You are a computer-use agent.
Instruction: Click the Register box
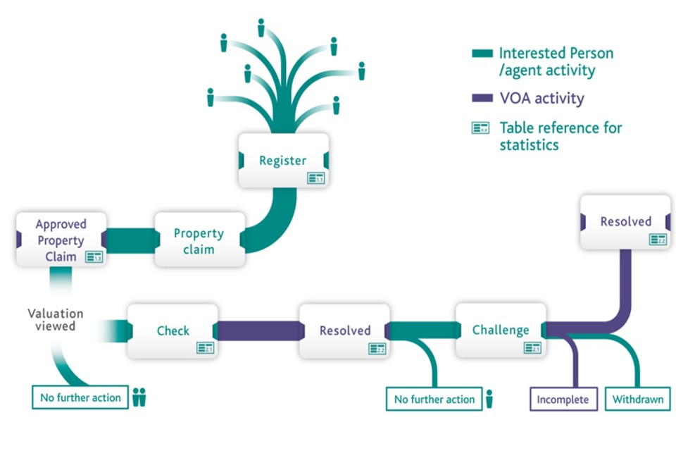click(x=282, y=161)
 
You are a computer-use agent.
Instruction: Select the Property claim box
click(x=199, y=240)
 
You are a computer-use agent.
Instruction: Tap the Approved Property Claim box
click(x=61, y=240)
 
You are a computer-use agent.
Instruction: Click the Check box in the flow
click(x=173, y=330)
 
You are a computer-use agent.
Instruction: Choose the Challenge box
click(x=501, y=330)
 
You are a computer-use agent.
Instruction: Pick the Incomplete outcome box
click(x=563, y=399)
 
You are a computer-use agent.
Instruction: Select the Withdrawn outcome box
click(x=637, y=399)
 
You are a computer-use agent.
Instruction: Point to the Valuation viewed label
click(x=56, y=319)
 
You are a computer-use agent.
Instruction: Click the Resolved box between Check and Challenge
click(x=344, y=330)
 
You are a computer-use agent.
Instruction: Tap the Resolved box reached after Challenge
click(x=625, y=222)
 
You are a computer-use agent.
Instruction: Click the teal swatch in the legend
click(x=482, y=54)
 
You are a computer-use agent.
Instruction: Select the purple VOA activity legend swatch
click(x=482, y=98)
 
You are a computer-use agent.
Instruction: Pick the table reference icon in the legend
click(x=481, y=128)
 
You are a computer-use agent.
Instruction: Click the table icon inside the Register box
click(x=315, y=178)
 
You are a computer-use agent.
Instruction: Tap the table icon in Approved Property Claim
click(x=94, y=257)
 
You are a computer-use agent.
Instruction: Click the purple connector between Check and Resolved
click(x=258, y=330)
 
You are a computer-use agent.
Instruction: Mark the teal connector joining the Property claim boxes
click(x=130, y=239)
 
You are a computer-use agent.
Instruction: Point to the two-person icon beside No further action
click(x=139, y=397)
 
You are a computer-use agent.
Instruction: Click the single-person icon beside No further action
click(x=489, y=399)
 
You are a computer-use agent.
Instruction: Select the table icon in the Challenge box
click(x=533, y=347)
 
